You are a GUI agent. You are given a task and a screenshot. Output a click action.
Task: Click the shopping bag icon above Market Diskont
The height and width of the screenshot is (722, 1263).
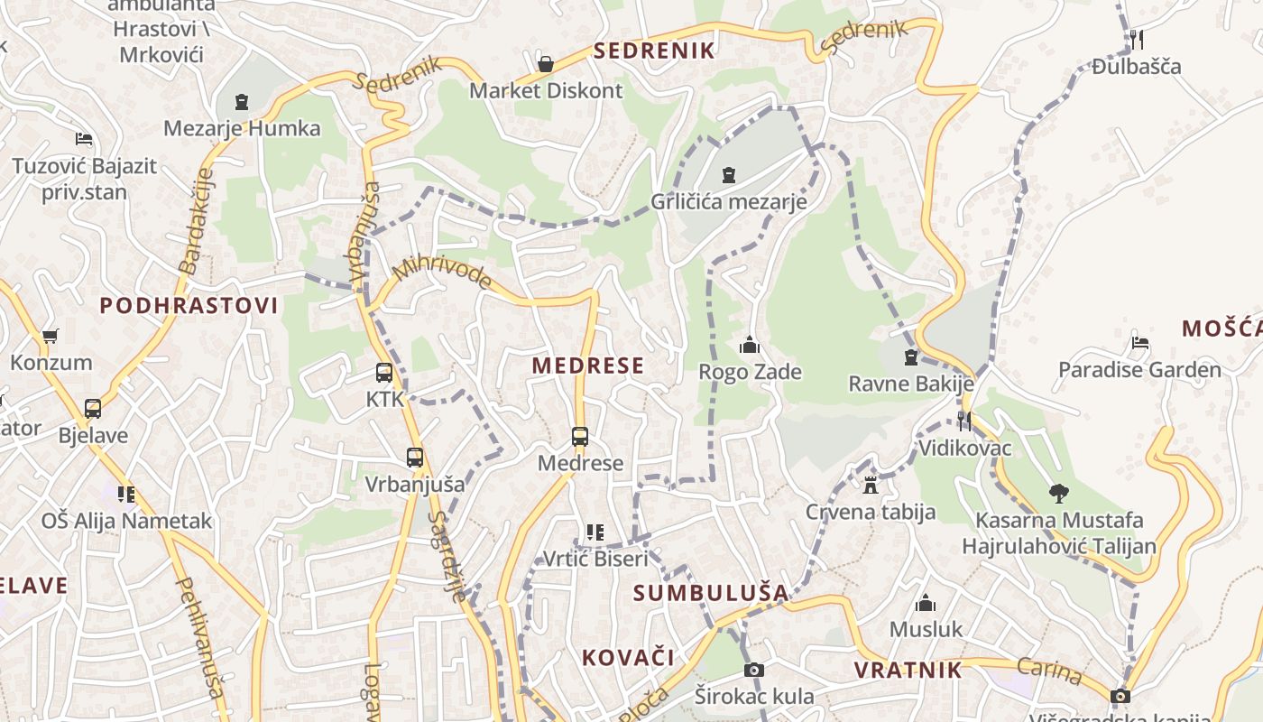[x=545, y=64]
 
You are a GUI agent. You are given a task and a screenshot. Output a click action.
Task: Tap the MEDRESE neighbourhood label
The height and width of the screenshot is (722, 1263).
[x=588, y=366]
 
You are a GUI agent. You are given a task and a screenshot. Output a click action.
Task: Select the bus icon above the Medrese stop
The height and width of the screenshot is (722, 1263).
[x=580, y=437]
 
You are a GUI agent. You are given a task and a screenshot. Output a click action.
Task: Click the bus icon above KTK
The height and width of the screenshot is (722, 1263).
[x=384, y=372]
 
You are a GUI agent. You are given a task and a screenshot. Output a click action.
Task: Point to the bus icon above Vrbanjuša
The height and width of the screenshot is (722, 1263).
[x=415, y=458]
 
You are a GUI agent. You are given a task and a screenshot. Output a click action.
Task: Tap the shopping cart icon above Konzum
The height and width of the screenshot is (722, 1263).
[x=51, y=337]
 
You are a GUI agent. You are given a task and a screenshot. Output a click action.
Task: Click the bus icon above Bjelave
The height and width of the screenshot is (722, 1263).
[x=93, y=409]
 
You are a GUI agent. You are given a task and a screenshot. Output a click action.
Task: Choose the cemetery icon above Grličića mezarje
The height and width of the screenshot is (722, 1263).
[x=729, y=175]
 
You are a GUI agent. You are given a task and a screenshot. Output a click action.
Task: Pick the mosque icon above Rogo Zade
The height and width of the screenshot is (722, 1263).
[x=750, y=345]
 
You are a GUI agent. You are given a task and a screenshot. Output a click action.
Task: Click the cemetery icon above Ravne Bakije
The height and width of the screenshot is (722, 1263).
[x=911, y=357]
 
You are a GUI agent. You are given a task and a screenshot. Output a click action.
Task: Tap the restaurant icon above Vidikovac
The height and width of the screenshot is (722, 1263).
[x=964, y=421]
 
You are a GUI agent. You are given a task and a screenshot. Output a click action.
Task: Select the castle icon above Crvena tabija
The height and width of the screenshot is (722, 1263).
[x=870, y=486]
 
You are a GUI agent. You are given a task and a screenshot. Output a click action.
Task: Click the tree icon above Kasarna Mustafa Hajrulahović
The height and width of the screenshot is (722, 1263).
[x=1058, y=494]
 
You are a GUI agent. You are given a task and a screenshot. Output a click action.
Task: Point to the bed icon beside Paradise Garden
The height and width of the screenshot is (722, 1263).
[x=1140, y=343]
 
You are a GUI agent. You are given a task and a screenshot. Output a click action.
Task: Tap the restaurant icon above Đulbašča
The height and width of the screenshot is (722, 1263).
[x=1137, y=39]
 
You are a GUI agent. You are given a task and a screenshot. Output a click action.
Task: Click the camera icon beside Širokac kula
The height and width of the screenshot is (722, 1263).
[x=754, y=670]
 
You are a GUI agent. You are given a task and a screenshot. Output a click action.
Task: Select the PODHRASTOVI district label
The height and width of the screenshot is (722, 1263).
[x=189, y=305]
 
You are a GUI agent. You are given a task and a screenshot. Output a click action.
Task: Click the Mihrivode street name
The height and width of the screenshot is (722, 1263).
[x=442, y=270]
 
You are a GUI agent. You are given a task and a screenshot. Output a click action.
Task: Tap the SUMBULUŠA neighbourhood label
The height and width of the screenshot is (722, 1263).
[x=711, y=593]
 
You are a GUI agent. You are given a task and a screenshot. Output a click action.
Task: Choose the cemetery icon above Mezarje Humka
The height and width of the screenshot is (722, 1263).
[x=242, y=102]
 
